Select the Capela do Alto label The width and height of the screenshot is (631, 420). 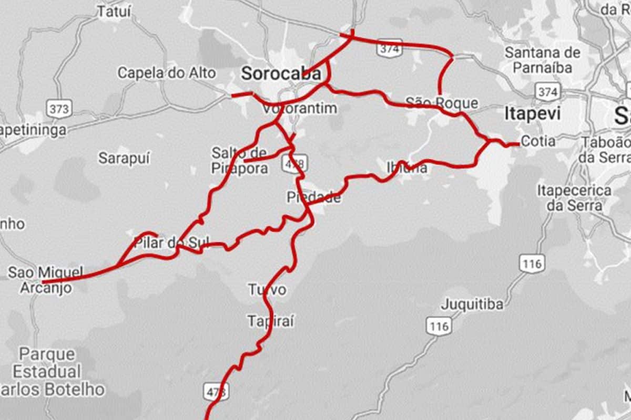166,72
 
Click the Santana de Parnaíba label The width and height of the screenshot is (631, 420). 543,60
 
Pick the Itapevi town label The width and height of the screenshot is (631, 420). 525,113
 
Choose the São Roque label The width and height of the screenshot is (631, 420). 442,103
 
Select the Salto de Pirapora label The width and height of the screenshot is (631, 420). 239,161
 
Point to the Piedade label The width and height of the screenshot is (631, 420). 313,197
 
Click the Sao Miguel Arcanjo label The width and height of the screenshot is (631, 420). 46,280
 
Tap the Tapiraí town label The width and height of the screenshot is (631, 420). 270,320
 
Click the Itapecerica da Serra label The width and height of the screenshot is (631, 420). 574,197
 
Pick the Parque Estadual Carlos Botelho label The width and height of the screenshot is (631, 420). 50,372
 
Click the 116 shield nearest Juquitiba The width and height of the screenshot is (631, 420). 439,327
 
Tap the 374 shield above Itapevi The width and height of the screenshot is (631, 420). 547,92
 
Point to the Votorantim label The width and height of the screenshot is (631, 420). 299,109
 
